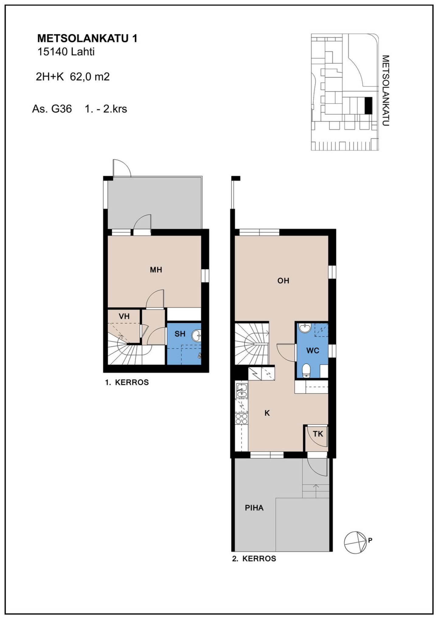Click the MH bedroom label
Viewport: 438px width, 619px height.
pyautogui.click(x=156, y=270)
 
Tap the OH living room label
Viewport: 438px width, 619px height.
pyautogui.click(x=283, y=280)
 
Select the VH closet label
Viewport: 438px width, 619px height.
pyautogui.click(x=124, y=316)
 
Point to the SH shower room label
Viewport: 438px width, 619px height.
pyautogui.click(x=180, y=334)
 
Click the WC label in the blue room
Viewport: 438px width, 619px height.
pyautogui.click(x=313, y=351)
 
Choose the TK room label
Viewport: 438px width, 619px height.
pyautogui.click(x=318, y=434)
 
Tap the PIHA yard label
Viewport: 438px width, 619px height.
pyautogui.click(x=254, y=508)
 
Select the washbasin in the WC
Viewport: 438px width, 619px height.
pyautogui.click(x=304, y=328)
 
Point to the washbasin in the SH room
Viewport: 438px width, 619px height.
pyautogui.click(x=196, y=336)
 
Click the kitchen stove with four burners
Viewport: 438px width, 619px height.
pyautogui.click(x=242, y=419)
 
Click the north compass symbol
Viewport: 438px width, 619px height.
pyautogui.click(x=355, y=543)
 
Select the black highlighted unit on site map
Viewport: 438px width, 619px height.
pyautogui.click(x=368, y=106)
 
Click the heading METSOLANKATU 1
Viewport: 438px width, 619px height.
pyautogui.click(x=87, y=38)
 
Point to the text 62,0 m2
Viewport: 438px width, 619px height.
pyautogui.click(x=90, y=77)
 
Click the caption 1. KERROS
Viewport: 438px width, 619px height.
pyautogui.click(x=127, y=382)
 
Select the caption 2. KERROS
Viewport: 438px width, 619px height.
pyautogui.click(x=254, y=559)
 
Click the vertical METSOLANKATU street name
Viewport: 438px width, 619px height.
pyautogui.click(x=385, y=91)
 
